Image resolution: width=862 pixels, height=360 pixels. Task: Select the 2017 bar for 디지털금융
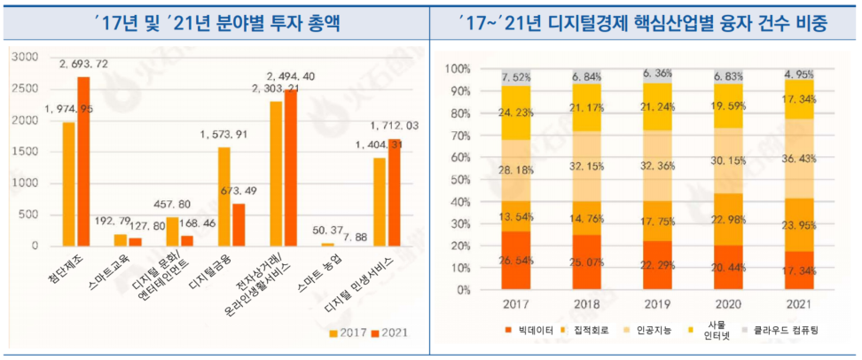click(x=223, y=196)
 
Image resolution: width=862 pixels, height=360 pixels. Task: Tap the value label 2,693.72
click(x=84, y=65)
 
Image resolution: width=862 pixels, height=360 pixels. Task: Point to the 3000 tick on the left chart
click(x=26, y=58)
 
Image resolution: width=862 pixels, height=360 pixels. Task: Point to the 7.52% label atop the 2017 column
click(x=516, y=76)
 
